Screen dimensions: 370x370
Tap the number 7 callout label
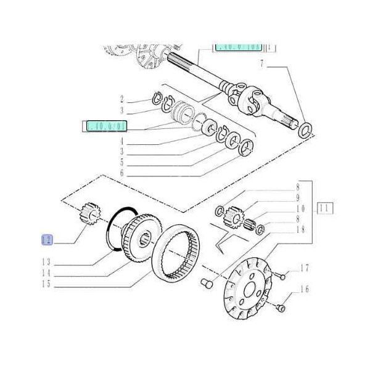coord(261,64)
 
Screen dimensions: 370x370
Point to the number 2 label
coord(122,99)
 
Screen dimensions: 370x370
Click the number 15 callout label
coord(46,284)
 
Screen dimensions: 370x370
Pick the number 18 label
coord(300,229)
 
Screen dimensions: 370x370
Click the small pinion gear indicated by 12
coord(90,216)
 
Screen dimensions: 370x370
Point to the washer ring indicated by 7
coord(305,130)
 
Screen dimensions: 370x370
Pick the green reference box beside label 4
coord(104,126)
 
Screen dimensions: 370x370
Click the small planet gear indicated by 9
coord(234,217)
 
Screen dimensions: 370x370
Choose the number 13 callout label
coord(46,261)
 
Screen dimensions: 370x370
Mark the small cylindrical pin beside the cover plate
coord(207,284)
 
